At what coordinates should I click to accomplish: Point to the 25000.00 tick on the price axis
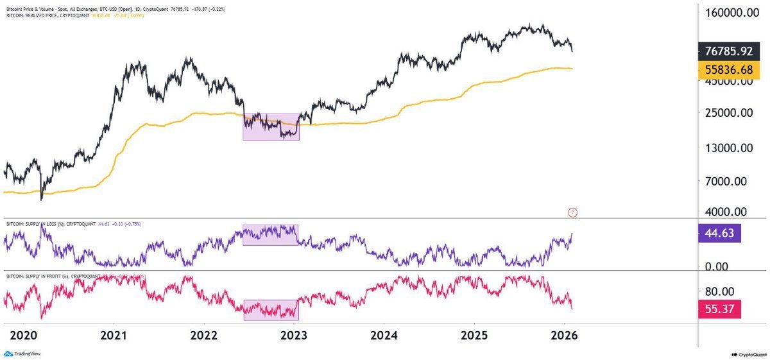pos(730,113)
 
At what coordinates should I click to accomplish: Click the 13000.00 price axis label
pos(730,148)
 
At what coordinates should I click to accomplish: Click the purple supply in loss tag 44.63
pos(719,232)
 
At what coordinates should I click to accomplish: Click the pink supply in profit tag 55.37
pos(719,309)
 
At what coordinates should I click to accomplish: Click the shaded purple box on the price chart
pos(271,126)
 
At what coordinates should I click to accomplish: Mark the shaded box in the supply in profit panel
pos(271,309)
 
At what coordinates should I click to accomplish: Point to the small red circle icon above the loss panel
pos(573,212)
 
